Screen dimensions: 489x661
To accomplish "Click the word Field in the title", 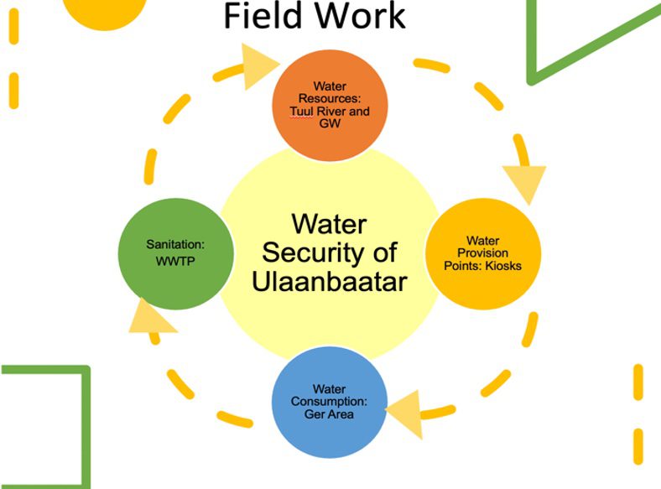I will (263, 15).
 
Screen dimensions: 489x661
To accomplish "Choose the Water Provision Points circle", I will (481, 252).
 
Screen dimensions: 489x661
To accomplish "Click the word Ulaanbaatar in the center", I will (330, 280).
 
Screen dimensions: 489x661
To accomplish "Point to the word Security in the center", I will (330, 252).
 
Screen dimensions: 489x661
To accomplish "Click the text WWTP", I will (175, 261).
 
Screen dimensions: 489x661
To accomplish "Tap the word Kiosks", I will (504, 266).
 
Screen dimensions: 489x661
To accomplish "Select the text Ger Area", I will (330, 414).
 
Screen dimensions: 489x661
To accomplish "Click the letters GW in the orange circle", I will (330, 122).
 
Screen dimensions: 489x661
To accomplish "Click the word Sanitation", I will (175, 244).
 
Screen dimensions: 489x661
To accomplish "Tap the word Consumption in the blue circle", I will (330, 401).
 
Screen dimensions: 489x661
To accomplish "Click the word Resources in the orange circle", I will (330, 98).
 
